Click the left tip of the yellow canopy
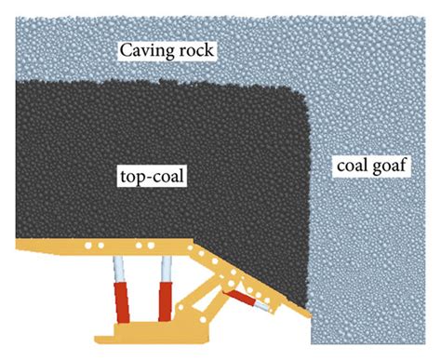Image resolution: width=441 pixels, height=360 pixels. pyautogui.click(x=19, y=245)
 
